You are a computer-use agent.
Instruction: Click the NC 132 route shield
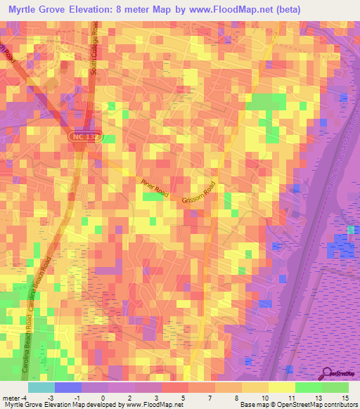click(86, 138)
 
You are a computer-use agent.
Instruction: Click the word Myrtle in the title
click(25, 10)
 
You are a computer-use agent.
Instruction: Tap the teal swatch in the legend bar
click(41, 387)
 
